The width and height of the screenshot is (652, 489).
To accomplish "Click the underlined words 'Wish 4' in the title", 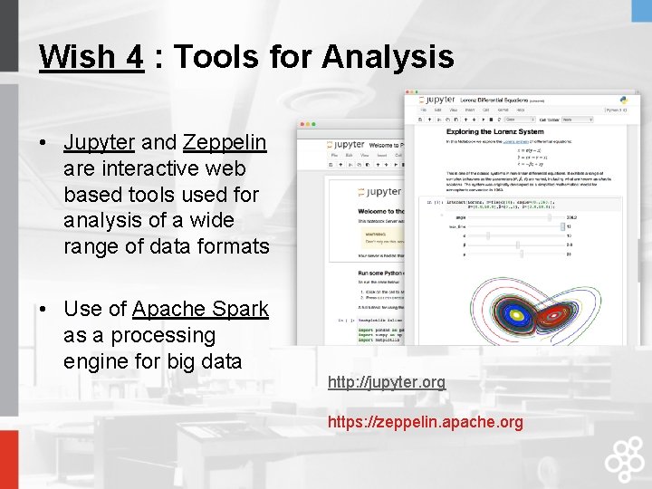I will [91, 57].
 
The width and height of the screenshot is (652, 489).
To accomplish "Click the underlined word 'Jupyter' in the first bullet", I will [99, 142].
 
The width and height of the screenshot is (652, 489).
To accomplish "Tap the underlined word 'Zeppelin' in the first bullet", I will [224, 142].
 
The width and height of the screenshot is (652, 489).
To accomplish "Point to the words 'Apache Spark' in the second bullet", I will [200, 309].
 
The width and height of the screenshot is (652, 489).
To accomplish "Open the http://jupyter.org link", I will [387, 382].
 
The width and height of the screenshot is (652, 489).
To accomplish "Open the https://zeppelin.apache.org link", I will [425, 422].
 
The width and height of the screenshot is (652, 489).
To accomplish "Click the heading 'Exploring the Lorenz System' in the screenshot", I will [482, 131].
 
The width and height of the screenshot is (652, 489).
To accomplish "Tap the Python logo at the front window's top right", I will [624, 101].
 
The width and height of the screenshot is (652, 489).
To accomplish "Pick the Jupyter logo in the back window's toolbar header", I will [346, 145].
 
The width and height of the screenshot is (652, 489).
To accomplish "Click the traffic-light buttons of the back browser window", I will [308, 124].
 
